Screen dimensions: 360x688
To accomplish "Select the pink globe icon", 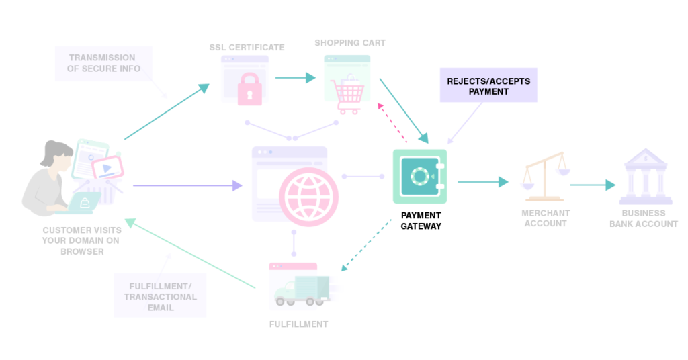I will point(309,195).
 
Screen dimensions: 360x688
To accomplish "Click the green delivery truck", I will point(302,290).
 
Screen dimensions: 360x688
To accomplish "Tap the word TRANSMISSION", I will point(101,58).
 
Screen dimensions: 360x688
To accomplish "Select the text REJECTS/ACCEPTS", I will point(488,81).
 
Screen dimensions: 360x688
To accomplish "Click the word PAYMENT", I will point(488,91).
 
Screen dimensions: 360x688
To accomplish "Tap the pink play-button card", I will point(106,167).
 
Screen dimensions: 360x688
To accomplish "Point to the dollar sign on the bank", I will point(645,159).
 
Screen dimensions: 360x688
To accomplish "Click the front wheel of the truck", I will point(285,300).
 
